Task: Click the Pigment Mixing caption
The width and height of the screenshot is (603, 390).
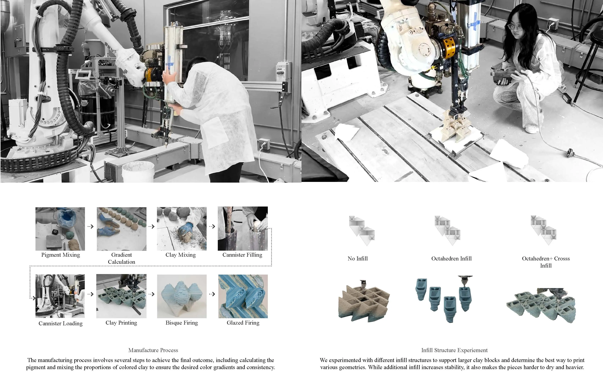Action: pos(60,255)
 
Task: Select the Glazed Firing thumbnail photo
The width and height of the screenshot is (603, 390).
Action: pos(243,296)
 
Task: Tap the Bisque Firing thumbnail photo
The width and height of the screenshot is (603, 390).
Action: pos(182,296)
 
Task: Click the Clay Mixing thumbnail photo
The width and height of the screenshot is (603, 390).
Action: pos(182,229)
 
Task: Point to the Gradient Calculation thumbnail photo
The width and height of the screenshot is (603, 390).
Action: pos(122,229)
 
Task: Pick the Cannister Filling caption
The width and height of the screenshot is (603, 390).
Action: pos(242,255)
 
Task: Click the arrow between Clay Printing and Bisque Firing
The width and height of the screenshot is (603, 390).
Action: pos(151,294)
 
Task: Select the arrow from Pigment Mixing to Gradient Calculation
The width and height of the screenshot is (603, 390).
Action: pos(90,226)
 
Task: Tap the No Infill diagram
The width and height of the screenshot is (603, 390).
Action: pos(362,230)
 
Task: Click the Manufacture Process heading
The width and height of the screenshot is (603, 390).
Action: pos(153,350)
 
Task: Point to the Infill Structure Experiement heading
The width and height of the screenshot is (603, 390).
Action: pos(454,350)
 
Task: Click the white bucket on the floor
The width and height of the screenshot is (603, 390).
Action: pos(138,172)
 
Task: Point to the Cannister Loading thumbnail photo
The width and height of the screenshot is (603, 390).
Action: pos(60,296)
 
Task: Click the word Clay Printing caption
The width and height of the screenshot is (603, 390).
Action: pos(121,323)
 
